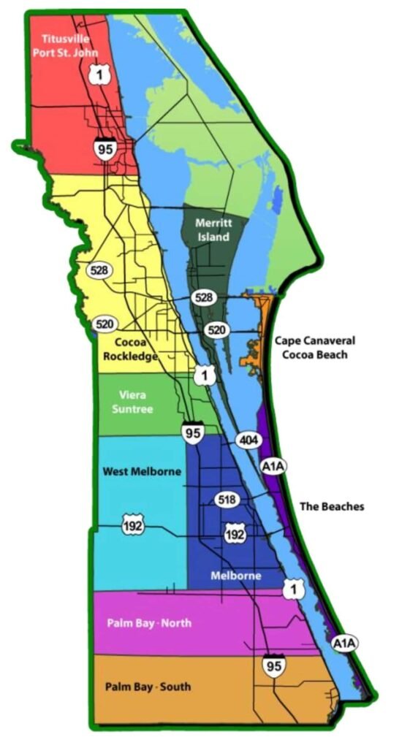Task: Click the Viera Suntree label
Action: tap(132, 402)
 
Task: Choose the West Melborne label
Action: tap(141, 471)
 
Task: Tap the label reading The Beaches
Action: tap(332, 506)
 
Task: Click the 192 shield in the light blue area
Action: tap(133, 524)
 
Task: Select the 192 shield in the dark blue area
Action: tap(235, 534)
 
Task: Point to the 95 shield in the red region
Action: tap(103, 148)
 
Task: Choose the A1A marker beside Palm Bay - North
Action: tap(343, 643)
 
